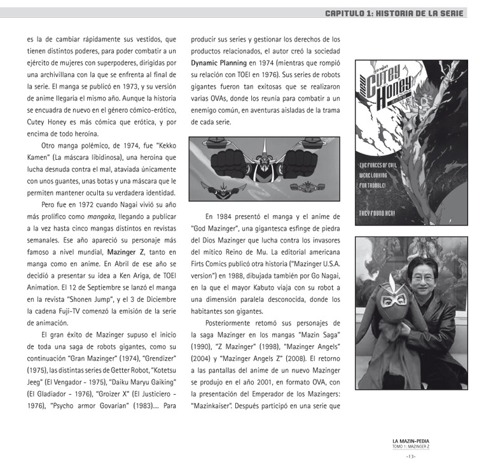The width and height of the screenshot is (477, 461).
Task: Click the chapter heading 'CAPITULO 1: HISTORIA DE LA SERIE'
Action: (x=394, y=13)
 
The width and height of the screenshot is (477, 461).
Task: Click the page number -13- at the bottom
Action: (x=410, y=455)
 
